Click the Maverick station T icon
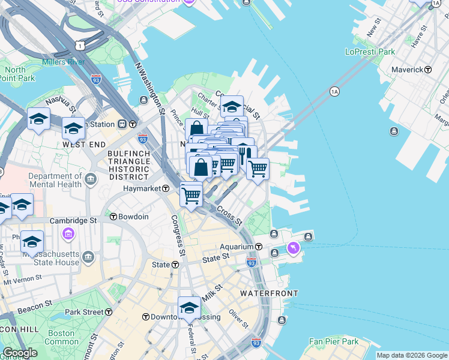pos(428,70)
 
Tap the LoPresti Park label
pos(370,52)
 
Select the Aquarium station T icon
pos(259,247)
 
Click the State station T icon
pos(175,265)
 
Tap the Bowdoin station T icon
pos(113,216)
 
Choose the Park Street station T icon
pos(109,312)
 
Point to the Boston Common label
pos(61,337)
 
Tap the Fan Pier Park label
pos(333,341)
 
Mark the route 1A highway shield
pos(334,91)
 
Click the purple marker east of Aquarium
pos(293,247)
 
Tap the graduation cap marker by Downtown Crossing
pos(190,307)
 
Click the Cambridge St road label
pos(73,221)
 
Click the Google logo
pos(19,353)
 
